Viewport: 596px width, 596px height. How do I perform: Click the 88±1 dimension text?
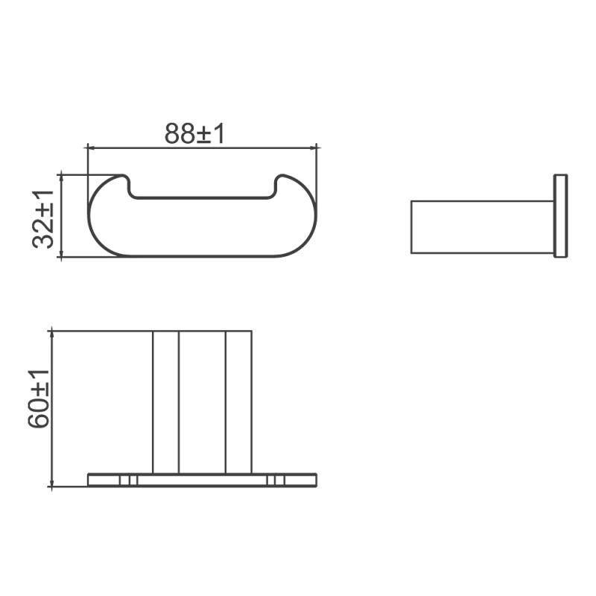coord(194,133)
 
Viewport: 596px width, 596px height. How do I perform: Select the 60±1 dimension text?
coord(39,399)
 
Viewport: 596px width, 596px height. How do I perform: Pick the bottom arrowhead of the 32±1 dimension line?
coord(60,255)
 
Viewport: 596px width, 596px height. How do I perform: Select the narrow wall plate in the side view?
coord(560,216)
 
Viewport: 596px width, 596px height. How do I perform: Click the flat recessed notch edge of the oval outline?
coord(203,199)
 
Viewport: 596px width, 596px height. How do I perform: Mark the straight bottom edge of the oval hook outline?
coord(203,257)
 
